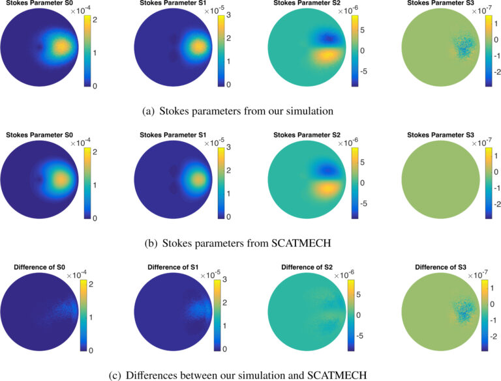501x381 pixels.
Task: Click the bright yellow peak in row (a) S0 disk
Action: [61, 48]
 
